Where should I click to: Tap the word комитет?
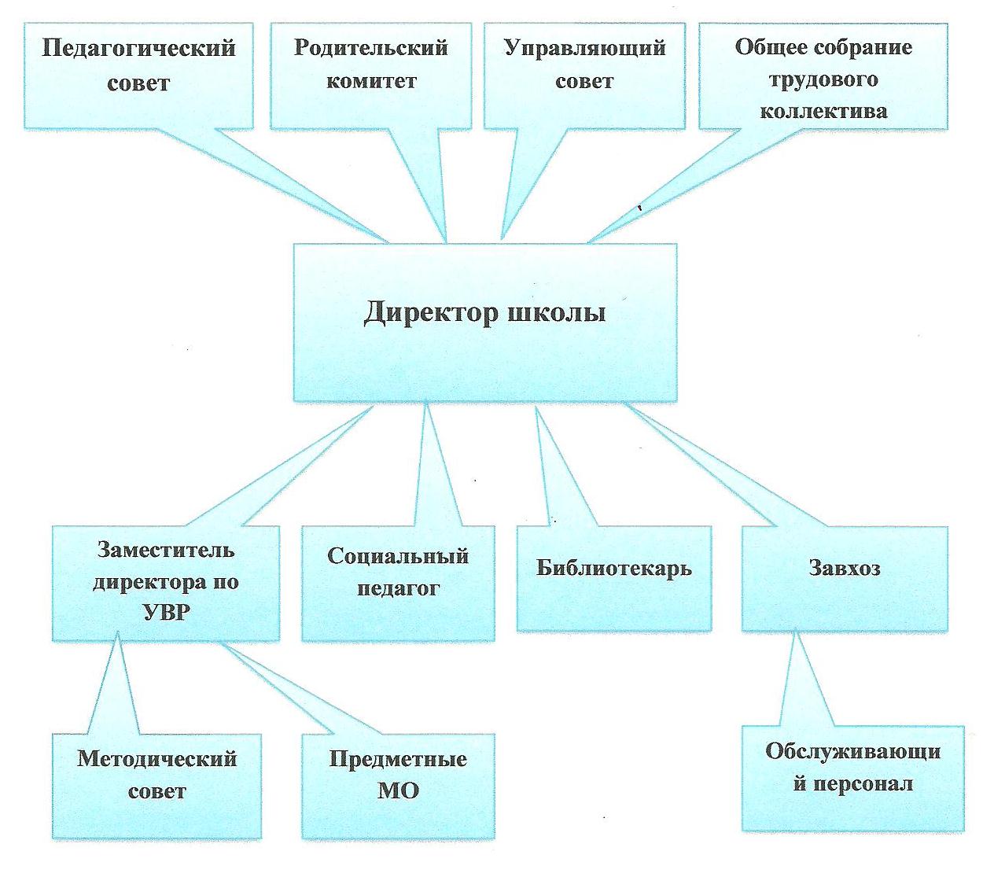[371, 81]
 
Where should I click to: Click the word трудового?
[823, 80]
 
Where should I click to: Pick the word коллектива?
[823, 111]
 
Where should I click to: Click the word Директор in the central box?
[431, 313]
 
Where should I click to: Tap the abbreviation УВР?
[166, 613]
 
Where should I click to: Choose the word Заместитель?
[166, 550]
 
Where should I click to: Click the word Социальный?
[398, 556]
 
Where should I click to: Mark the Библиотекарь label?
[613, 568]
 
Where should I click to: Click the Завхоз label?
[845, 568]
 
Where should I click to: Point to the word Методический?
[156, 759]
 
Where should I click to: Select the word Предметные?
[398, 759]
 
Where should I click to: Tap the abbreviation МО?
[398, 791]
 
